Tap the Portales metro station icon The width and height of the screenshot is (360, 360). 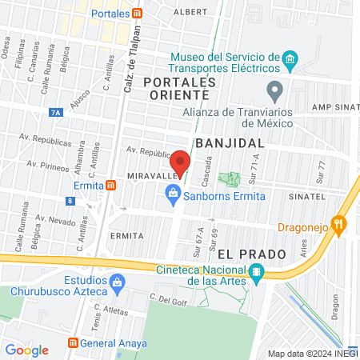point(138,14)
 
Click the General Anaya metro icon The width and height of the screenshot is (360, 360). point(74,343)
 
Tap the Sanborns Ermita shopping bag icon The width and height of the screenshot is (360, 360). point(172,193)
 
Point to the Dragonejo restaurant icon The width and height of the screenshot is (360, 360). point(340,226)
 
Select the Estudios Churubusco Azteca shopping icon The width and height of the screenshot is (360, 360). point(118,282)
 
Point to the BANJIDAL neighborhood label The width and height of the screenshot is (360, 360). point(230,142)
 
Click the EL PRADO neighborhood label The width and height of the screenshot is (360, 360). point(251,254)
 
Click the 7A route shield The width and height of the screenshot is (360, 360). point(54,114)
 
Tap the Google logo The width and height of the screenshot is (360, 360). point(26,350)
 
